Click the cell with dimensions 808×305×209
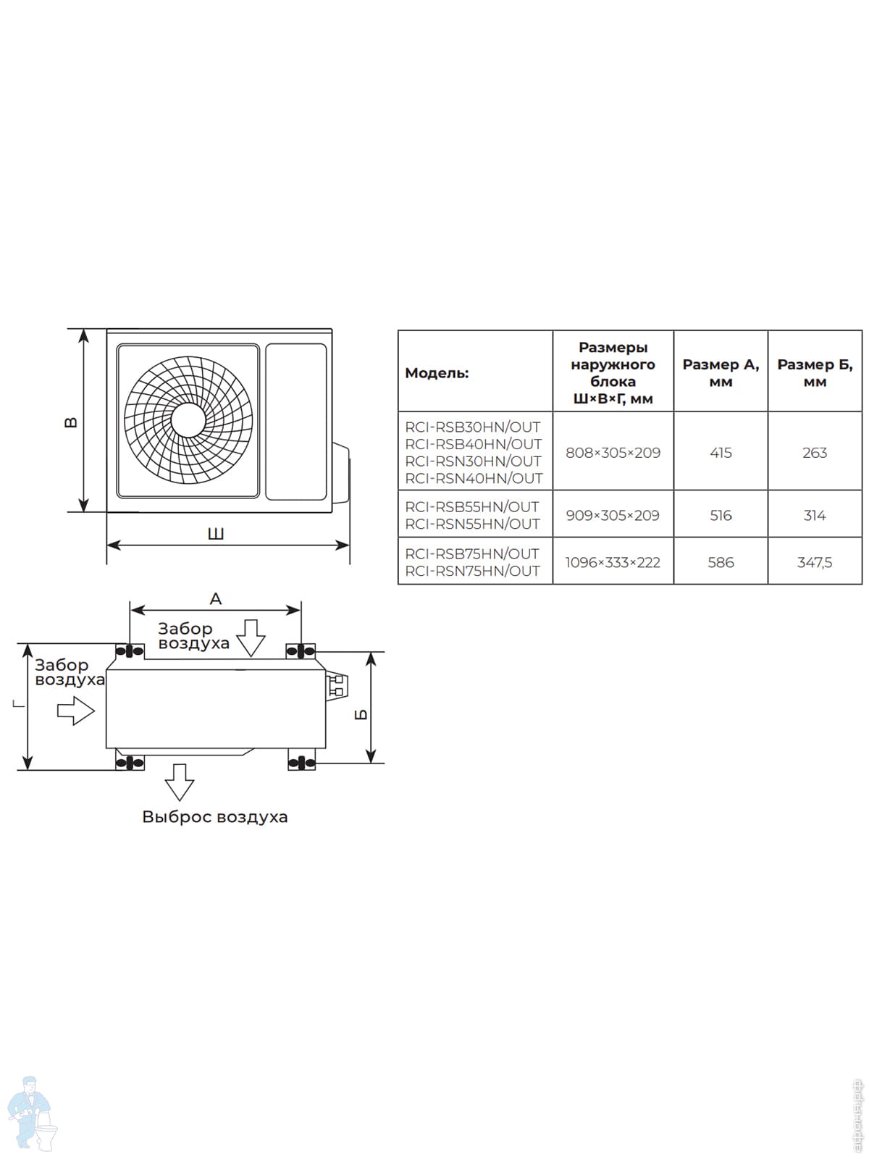(x=613, y=453)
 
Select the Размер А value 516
(x=721, y=515)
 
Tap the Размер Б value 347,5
(x=815, y=562)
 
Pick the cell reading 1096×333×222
(x=613, y=562)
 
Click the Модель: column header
(x=437, y=373)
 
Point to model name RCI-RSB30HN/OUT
(x=473, y=427)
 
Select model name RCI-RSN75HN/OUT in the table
(x=473, y=571)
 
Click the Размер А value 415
(x=721, y=453)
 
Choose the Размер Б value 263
(x=815, y=453)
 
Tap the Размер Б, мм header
(x=815, y=373)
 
